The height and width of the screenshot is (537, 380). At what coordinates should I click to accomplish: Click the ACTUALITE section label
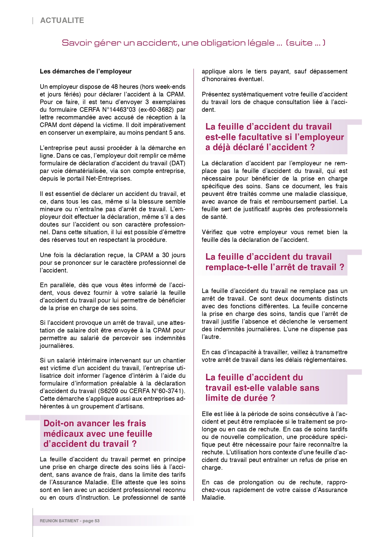(x=62, y=21)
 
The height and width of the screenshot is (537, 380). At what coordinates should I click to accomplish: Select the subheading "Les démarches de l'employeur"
(x=85, y=71)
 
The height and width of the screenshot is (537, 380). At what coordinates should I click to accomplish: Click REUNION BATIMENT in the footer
(x=59, y=521)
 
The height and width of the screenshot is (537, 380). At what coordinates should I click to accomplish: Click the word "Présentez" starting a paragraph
(x=215, y=94)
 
